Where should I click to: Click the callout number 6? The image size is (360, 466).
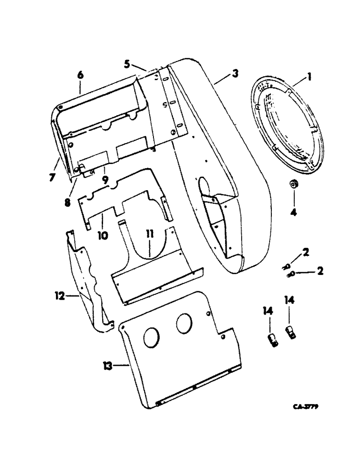[80, 75]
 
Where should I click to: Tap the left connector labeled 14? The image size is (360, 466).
[273, 339]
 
